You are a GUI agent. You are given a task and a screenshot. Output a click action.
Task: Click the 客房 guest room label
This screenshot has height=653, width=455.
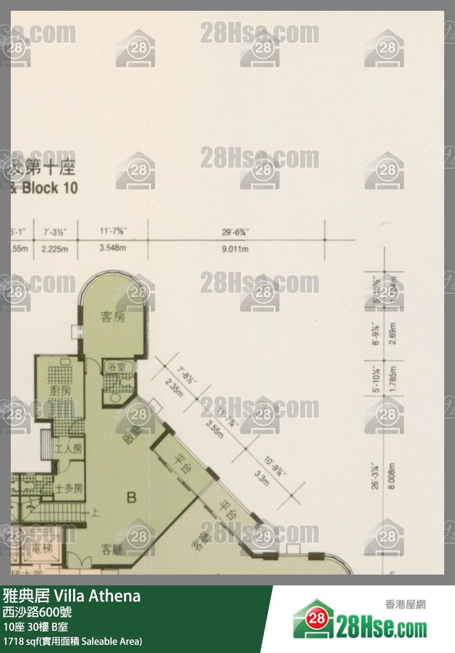pos(113,317)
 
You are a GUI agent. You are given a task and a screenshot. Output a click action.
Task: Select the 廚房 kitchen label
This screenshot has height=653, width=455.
pos(60,391)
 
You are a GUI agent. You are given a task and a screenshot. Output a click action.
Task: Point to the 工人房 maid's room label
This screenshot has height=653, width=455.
pos(69,448)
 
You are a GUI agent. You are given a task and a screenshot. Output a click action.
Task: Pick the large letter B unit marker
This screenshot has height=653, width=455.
pos(131,497)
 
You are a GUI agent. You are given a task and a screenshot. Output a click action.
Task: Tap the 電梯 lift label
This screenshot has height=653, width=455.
pos(41,549)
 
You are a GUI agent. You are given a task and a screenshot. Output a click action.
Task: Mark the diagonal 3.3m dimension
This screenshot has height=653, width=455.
pos(261,478)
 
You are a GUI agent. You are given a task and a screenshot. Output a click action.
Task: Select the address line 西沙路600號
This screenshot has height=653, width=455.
pos(37,612)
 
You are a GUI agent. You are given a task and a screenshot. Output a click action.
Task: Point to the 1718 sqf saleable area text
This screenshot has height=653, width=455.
pos(72,642)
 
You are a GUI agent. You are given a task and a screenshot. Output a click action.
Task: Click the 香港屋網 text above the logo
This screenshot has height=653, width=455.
pos(405,604)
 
